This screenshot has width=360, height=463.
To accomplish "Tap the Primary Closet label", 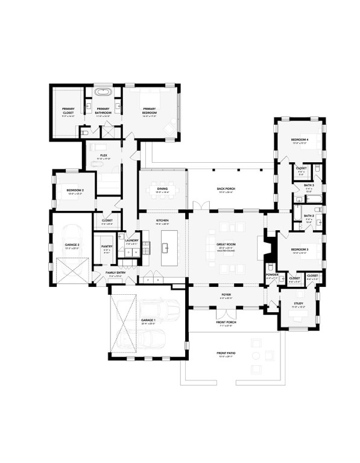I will coord(68,112).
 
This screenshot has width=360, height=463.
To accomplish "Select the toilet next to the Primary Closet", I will coord(86,131).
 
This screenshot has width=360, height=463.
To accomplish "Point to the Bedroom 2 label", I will coord(75,192).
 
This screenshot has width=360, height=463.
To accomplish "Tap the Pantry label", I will coord(106,247).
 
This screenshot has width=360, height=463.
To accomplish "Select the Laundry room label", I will coord(131,242).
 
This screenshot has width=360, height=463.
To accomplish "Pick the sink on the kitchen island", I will coord(164,246).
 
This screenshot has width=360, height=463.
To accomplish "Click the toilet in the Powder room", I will coord(270,268).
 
